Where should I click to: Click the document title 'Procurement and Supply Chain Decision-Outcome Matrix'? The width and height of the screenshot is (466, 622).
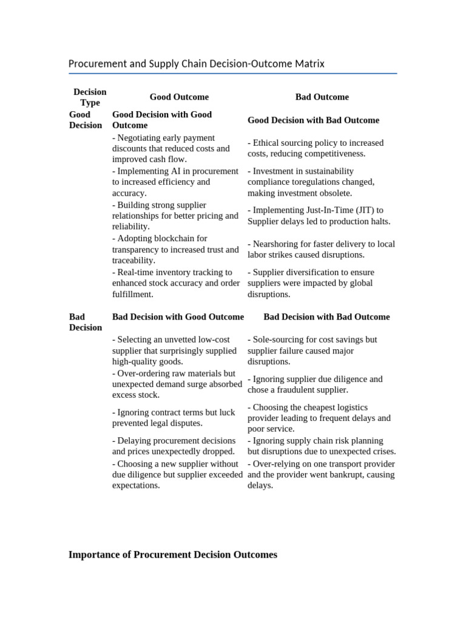197,64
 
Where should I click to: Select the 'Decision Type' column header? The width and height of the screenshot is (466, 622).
90,97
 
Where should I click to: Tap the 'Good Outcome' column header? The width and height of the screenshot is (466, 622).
179,97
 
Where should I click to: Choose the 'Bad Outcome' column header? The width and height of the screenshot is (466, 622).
322,97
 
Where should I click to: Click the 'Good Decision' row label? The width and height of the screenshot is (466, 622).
86,120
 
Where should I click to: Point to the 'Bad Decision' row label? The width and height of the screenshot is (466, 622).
86,322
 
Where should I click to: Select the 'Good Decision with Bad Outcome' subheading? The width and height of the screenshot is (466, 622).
313,120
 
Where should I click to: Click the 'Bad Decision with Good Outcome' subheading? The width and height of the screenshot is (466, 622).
178,317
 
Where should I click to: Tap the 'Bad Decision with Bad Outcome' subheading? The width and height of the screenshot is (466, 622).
326,317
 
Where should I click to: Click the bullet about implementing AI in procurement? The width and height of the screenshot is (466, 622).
175,182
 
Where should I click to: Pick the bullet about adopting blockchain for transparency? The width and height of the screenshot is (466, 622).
175,250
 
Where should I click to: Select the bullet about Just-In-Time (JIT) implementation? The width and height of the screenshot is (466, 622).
319,216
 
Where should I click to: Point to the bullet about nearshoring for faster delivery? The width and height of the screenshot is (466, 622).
321,250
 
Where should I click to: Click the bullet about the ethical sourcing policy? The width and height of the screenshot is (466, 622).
316,148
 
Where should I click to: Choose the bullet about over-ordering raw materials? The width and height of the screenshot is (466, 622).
177,384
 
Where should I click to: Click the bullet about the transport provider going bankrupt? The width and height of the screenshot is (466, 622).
321,474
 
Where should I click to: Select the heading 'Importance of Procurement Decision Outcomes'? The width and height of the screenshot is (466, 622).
173,555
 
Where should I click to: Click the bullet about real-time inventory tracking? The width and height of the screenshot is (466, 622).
175,283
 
